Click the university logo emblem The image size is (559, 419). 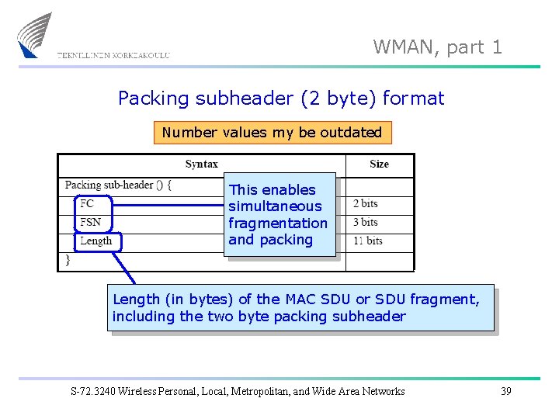(x=35, y=35)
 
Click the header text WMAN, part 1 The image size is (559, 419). (x=438, y=47)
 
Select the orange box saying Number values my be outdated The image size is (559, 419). (x=272, y=133)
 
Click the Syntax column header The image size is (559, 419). (x=201, y=164)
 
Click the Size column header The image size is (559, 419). (x=379, y=164)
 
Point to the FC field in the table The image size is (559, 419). (x=87, y=203)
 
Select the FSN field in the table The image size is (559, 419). (x=90, y=222)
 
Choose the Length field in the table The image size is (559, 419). (x=96, y=241)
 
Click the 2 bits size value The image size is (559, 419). (x=365, y=203)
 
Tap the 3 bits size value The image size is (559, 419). (x=365, y=222)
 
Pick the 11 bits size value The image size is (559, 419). (x=368, y=241)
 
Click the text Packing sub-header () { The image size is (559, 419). (x=119, y=185)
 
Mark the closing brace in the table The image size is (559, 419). (x=68, y=260)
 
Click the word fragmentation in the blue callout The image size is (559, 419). (x=277, y=223)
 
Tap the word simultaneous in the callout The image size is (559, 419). (x=274, y=206)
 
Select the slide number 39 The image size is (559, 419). (x=505, y=391)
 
